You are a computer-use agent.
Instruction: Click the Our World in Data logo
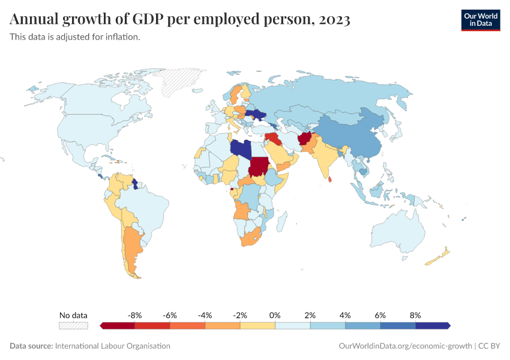click(480, 20)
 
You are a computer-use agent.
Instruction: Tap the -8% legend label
click(134, 315)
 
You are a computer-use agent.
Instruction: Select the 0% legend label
click(275, 315)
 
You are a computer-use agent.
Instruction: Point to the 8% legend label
click(415, 315)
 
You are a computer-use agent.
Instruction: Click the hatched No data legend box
click(73, 326)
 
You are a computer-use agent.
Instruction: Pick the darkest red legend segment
click(118, 326)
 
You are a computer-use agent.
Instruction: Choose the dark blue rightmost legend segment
click(432, 326)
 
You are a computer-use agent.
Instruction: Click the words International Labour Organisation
click(112, 346)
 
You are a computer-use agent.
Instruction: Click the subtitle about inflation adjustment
click(75, 37)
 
